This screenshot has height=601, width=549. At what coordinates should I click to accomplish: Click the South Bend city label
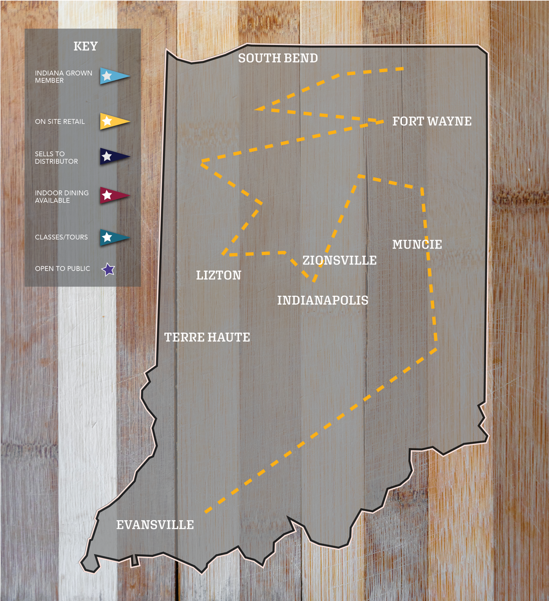[x=278, y=58]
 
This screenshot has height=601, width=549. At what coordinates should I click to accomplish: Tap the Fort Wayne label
[x=432, y=121]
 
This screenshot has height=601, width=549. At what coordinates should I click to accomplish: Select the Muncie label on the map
[x=417, y=245]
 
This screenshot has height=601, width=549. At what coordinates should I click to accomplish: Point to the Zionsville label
[x=339, y=260]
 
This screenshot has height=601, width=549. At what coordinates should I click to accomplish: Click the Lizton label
[x=219, y=275]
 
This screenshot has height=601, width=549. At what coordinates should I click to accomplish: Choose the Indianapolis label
[x=323, y=300]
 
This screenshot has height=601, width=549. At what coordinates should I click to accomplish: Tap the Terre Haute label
[x=207, y=337]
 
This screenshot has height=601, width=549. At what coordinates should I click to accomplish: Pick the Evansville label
[x=155, y=525]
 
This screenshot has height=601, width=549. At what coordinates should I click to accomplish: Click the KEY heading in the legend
[x=85, y=46]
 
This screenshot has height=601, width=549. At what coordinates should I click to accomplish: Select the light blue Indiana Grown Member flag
[x=113, y=76]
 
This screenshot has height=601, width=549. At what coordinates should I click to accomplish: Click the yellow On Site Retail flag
[x=113, y=121]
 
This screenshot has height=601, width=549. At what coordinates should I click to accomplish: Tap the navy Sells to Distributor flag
[x=113, y=157]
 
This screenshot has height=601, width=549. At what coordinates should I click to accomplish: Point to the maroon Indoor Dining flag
[x=113, y=195]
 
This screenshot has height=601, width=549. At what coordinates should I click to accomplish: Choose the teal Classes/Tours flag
[x=113, y=237]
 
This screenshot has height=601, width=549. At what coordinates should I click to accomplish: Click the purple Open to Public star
[x=108, y=270]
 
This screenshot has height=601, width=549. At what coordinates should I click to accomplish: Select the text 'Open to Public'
[x=62, y=269]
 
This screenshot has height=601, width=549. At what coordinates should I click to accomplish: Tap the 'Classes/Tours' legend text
[x=61, y=237]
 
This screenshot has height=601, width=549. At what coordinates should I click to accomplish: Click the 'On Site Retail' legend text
[x=59, y=122]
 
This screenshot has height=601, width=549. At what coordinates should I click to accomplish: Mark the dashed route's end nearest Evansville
[x=206, y=511]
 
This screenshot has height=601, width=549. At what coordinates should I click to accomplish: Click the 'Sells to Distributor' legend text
[x=56, y=158]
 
